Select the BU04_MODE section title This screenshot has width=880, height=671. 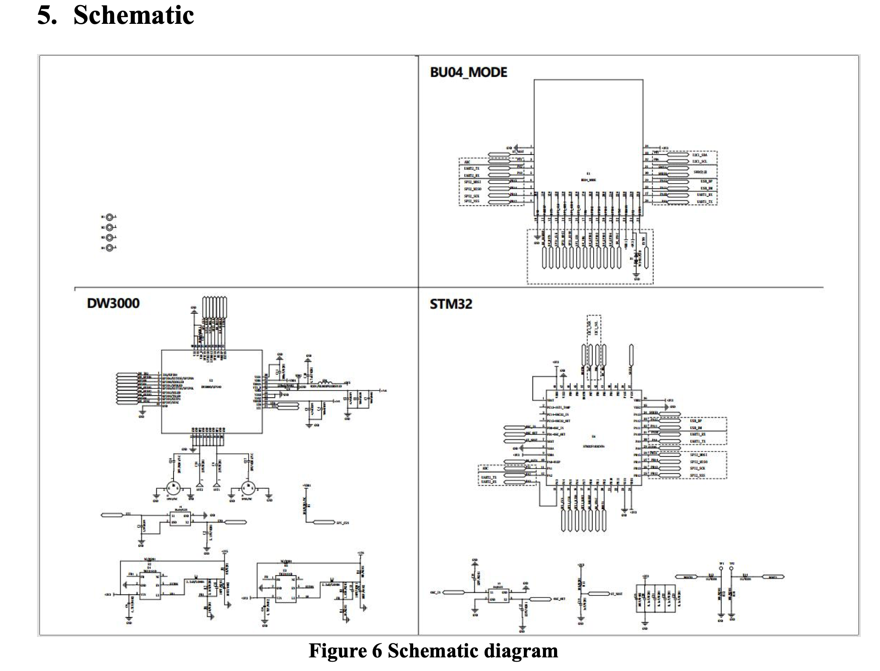point(469,72)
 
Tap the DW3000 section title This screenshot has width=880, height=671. point(113,303)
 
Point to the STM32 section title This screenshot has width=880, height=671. point(451,304)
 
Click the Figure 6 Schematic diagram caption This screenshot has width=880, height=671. point(433,651)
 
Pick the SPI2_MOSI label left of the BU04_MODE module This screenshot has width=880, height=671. point(472,182)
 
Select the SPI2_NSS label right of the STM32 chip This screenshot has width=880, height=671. point(698,475)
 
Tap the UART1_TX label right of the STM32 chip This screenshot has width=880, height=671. point(698,441)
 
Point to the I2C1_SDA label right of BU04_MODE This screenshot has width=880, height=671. point(700,155)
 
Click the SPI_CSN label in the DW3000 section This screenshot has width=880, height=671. point(343,522)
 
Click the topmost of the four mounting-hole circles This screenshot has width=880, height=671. point(110,217)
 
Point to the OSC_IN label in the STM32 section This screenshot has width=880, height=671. point(436,592)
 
